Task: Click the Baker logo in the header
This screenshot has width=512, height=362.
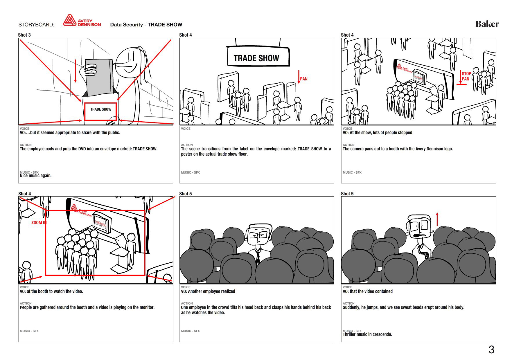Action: pos(487,24)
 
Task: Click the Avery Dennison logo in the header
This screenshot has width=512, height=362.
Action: pos(82,21)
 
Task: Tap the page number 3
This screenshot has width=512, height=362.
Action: pos(491,350)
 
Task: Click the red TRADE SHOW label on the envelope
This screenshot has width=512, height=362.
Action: pos(100,111)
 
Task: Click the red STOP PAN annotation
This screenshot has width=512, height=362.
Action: pos(466,76)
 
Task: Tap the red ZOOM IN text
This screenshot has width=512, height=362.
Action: pos(39,223)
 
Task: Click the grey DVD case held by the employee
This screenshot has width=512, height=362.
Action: pos(99,78)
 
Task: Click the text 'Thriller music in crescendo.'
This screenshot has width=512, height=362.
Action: pos(367,334)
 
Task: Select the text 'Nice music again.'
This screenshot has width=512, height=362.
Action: pos(35,176)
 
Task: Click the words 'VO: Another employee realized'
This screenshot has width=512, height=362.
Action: pos(208,291)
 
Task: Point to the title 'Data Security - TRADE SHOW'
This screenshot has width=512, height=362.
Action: pos(146,25)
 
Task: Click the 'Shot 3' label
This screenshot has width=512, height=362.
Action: pos(24,35)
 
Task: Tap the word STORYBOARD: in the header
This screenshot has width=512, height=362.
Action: pos(36,25)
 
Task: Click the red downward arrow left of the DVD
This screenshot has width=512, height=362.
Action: pos(76,71)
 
